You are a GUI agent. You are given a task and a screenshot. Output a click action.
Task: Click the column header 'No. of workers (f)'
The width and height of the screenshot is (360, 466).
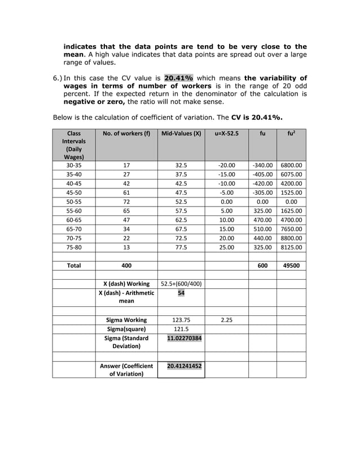pyautogui.click(x=126, y=135)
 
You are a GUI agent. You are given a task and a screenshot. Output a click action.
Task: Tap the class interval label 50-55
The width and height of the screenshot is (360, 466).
pyautogui.click(x=74, y=201)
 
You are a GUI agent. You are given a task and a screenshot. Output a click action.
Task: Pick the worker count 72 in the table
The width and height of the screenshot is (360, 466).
pyautogui.click(x=126, y=201)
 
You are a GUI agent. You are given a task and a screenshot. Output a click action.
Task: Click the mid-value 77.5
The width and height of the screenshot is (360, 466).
pyautogui.click(x=181, y=247)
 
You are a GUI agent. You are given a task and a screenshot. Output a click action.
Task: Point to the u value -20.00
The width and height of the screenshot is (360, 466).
pyautogui.click(x=226, y=165)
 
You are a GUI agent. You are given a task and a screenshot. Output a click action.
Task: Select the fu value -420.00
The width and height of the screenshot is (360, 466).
pyautogui.click(x=262, y=183)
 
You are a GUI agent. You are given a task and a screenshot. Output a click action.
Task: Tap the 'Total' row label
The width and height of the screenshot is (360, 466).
pyautogui.click(x=74, y=265)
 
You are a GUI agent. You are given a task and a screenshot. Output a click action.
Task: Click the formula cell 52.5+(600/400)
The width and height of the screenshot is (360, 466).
pyautogui.click(x=181, y=283)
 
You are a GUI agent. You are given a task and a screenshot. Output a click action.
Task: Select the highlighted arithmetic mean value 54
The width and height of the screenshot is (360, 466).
pyautogui.click(x=181, y=293)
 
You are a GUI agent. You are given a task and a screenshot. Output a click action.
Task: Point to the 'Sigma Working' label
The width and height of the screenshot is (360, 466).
pyautogui.click(x=126, y=320)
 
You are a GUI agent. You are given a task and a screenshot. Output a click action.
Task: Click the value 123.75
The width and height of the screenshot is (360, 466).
pyautogui.click(x=181, y=320)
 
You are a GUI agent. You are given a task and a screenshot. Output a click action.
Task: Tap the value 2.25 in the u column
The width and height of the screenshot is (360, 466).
pyautogui.click(x=226, y=320)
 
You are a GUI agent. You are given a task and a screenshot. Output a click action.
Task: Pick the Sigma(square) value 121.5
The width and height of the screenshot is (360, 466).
pyautogui.click(x=181, y=329)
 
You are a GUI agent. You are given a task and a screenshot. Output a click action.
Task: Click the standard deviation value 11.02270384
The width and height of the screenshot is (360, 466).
pyautogui.click(x=181, y=338)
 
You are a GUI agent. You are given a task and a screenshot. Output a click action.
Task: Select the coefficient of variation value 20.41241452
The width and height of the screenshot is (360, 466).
pyautogui.click(x=181, y=366)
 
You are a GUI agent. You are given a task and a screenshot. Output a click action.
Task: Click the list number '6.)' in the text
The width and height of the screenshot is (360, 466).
pyautogui.click(x=57, y=78)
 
